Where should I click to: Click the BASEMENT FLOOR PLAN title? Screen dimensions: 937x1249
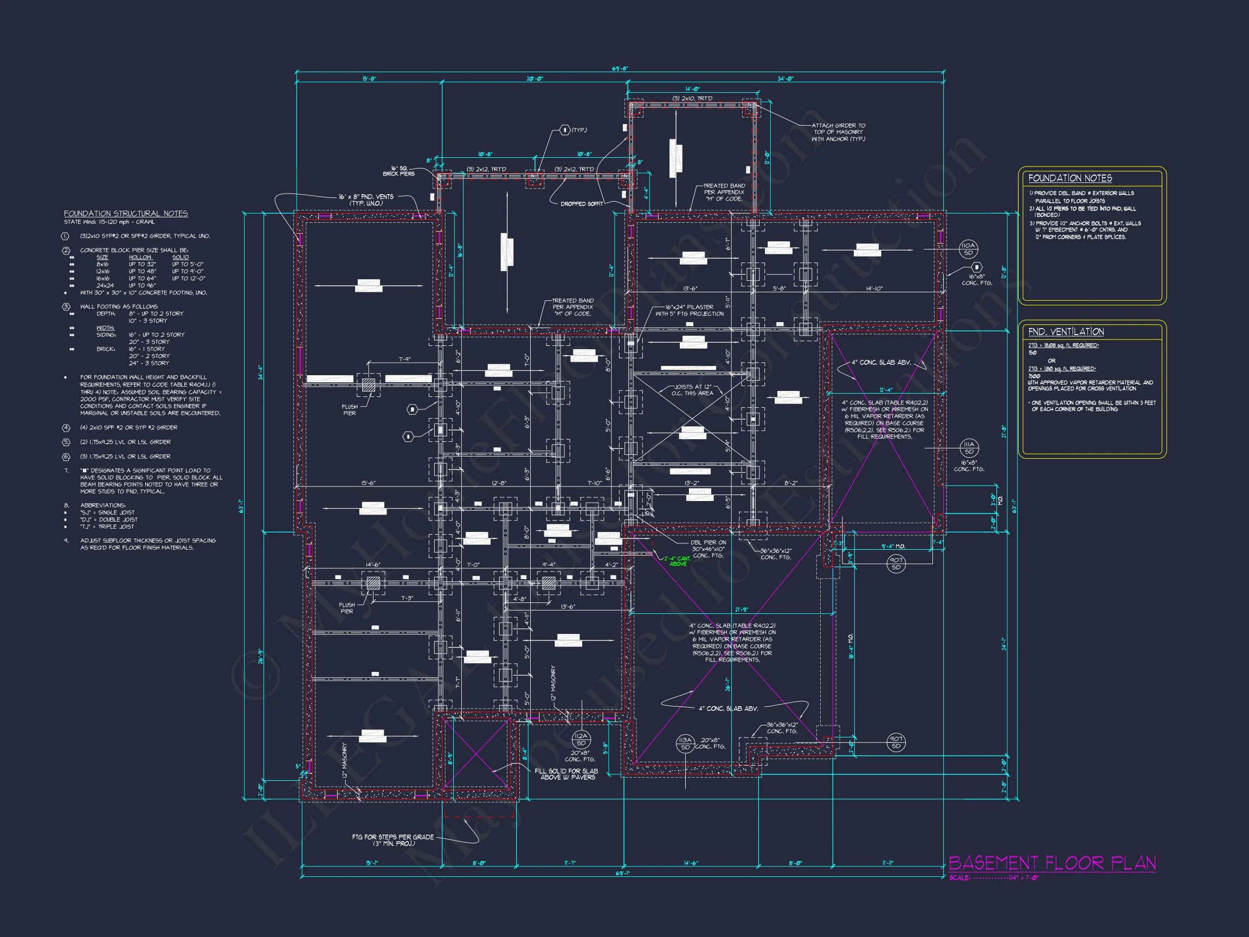(x=1051, y=863)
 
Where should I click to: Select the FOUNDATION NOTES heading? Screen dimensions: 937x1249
(x=1070, y=178)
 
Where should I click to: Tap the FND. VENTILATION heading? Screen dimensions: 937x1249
(x=1065, y=331)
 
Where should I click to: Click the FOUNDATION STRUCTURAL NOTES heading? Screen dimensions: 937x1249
(x=125, y=214)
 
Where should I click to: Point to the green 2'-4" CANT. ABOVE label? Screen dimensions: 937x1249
(x=677, y=561)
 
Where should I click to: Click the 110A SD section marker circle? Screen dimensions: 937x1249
(x=968, y=249)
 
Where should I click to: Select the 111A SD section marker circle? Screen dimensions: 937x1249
(x=969, y=448)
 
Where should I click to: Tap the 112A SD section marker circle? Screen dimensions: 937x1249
(x=581, y=739)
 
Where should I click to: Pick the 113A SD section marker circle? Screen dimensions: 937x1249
(x=685, y=743)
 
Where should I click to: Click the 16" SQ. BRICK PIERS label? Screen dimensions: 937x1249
(x=398, y=171)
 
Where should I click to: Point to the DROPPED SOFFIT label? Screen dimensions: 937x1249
(x=581, y=204)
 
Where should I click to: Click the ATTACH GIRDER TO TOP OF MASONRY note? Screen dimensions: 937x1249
(x=838, y=132)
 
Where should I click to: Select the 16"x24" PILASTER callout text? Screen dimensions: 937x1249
(x=689, y=310)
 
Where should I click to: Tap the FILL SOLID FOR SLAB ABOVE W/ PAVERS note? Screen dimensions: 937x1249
(x=566, y=774)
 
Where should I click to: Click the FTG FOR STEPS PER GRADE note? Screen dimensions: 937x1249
(x=392, y=840)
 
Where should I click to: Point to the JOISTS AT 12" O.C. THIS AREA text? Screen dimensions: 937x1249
(x=693, y=390)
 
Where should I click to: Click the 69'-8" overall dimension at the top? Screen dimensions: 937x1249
(x=620, y=69)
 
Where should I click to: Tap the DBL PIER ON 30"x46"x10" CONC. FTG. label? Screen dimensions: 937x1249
(x=708, y=548)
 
